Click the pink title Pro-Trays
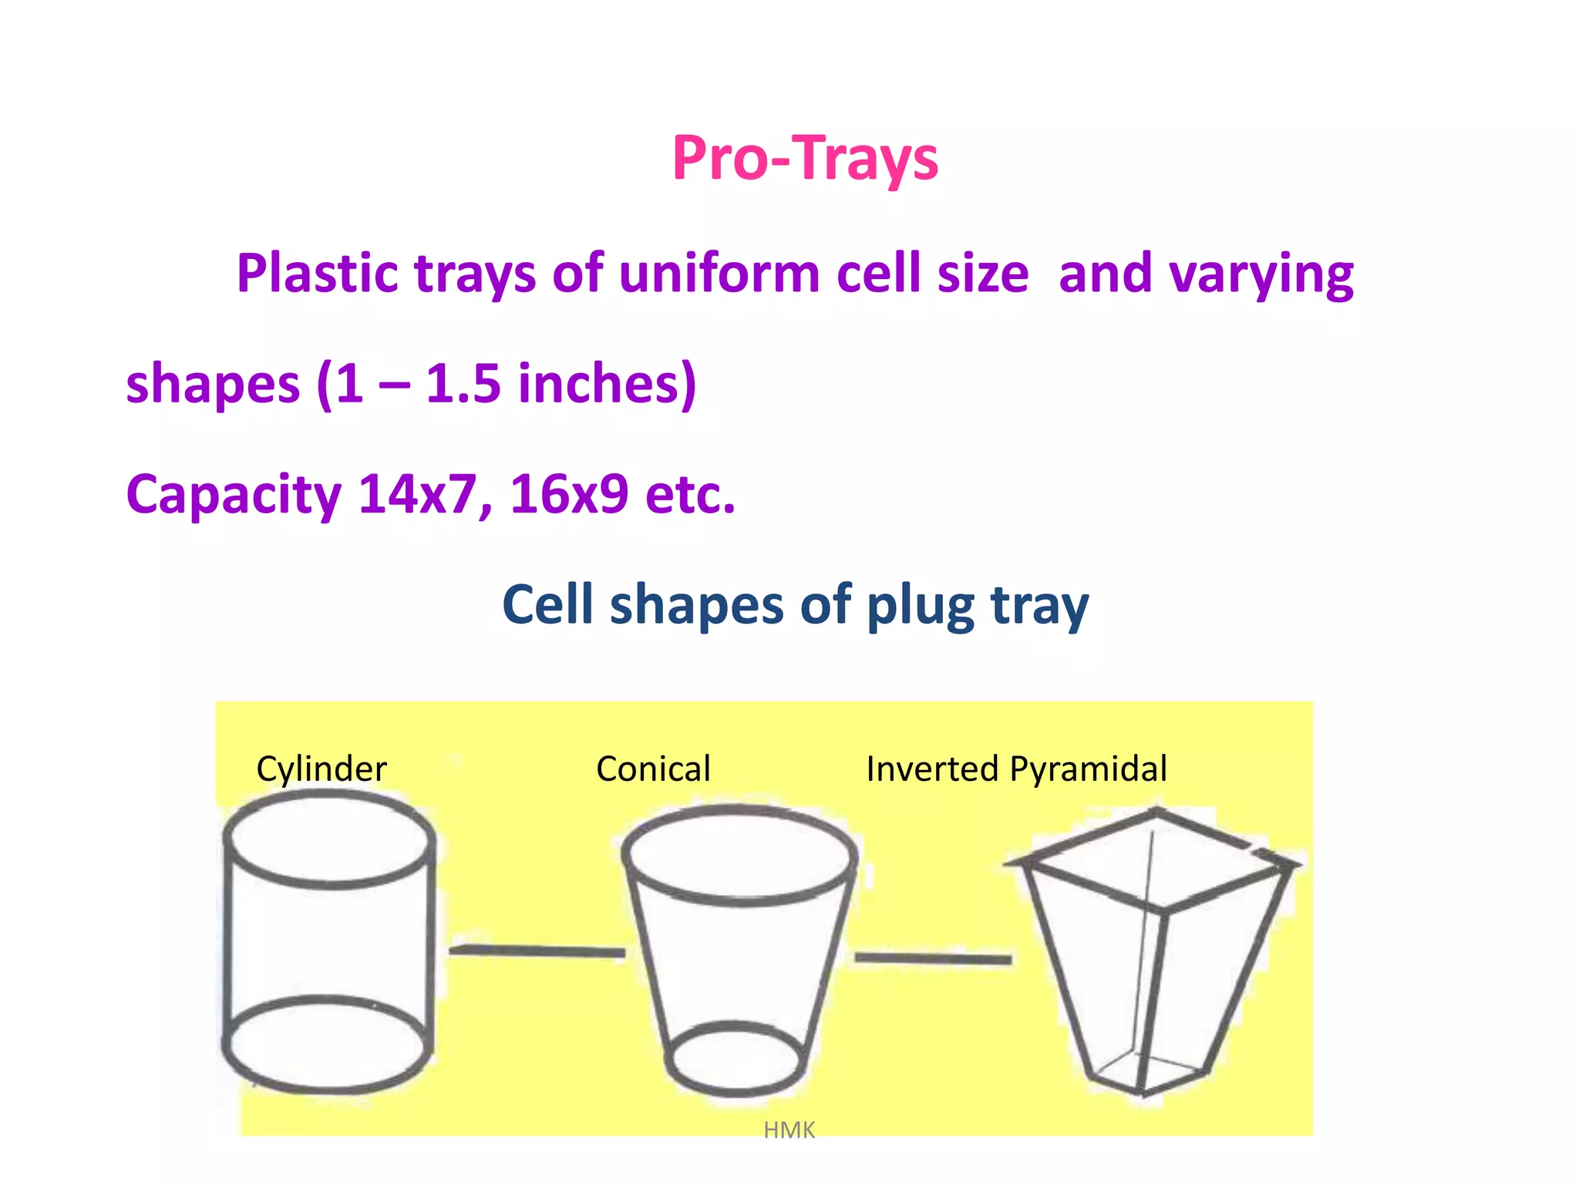pyautogui.click(x=804, y=159)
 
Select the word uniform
pyautogui.click(x=719, y=274)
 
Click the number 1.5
pyautogui.click(x=463, y=384)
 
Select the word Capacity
pyautogui.click(x=234, y=495)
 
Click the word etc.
pyautogui.click(x=690, y=495)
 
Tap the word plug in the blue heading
pyautogui.click(x=920, y=606)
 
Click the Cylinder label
pyautogui.click(x=322, y=769)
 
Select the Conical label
pyautogui.click(x=653, y=769)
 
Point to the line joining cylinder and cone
pyautogui.click(x=537, y=951)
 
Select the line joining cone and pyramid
pyautogui.click(x=933, y=958)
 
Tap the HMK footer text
pyautogui.click(x=789, y=1130)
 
